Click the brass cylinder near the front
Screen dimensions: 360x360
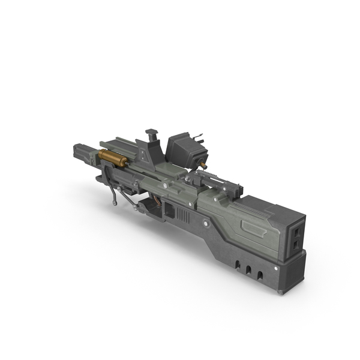point(113,158)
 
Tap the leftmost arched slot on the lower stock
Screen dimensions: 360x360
point(239,265)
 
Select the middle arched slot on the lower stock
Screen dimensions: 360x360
point(249,270)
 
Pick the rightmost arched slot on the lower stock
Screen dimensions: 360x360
point(260,275)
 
